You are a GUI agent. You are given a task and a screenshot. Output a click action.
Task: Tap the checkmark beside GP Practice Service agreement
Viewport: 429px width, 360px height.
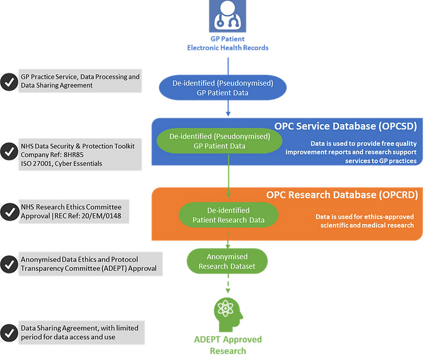(x=9, y=82)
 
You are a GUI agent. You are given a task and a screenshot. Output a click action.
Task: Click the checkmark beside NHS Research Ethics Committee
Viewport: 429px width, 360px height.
(x=9, y=211)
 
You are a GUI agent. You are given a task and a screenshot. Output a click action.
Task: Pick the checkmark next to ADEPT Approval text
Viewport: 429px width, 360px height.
(x=9, y=264)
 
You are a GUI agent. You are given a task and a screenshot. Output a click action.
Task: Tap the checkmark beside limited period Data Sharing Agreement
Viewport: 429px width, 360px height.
(x=9, y=332)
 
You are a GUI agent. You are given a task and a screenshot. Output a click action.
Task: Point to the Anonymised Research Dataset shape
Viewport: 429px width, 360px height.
(x=227, y=261)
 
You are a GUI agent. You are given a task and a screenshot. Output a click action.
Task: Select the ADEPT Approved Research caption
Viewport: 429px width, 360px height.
(x=228, y=345)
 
